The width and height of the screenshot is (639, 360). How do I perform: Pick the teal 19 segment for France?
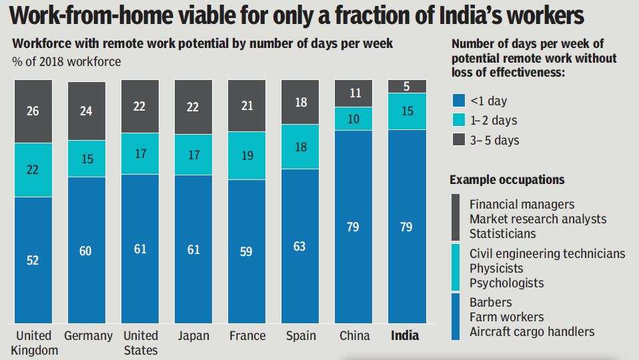pos(246,155)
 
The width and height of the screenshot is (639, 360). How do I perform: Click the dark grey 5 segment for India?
pos(406,86)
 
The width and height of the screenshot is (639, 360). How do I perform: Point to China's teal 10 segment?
pos(353,118)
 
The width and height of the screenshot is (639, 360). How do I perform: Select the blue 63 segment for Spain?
pos(299,247)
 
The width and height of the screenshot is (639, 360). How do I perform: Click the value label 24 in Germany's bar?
pos(86,111)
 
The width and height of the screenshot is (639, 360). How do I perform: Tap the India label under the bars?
pos(405,335)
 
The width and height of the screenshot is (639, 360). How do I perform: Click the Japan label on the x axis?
pos(193,335)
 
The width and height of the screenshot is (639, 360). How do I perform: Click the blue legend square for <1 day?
pos(459,101)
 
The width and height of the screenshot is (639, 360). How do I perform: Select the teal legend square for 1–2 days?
pos(459,121)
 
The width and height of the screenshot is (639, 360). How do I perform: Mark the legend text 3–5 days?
pos(494,140)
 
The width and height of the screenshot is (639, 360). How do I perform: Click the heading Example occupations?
pos(507,180)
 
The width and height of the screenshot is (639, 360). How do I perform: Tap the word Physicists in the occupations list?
pos(497,268)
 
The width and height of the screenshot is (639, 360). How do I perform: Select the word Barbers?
pos(491,302)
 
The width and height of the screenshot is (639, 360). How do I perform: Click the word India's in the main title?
pos(490,15)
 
